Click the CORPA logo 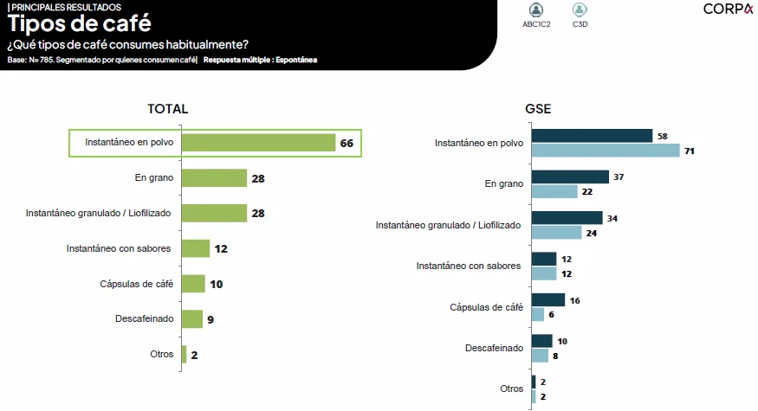click(728, 10)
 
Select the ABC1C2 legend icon click(536, 10)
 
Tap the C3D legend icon click(580, 10)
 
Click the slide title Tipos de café click(67, 24)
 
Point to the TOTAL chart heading click(168, 109)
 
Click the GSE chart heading click(538, 109)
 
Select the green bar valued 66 click(258, 143)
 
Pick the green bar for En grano click(214, 178)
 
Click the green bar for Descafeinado click(191, 319)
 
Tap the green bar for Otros click(184, 355)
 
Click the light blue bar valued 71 click(606, 151)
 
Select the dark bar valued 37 click(570, 177)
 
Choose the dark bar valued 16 click(547, 299)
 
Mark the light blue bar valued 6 click(538, 314)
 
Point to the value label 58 click(663, 136)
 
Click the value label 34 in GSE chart click(612, 218)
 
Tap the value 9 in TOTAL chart click(211, 320)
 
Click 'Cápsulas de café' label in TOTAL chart click(137, 283)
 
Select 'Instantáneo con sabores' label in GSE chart click(469, 266)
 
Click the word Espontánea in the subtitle click(295, 60)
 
